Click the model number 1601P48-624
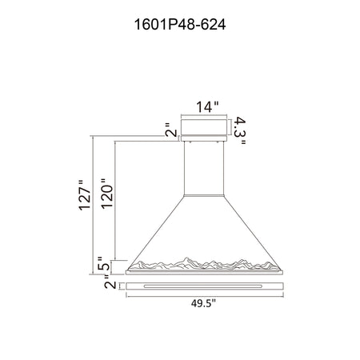(x=180, y=25)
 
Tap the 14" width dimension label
(x=207, y=107)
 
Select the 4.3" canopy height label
(x=239, y=130)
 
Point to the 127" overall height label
(x=85, y=195)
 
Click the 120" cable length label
(x=107, y=194)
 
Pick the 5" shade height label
(x=103, y=264)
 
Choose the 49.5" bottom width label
(x=203, y=303)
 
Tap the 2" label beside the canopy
(x=171, y=130)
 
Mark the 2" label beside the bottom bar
(x=110, y=284)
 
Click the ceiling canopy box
(x=204, y=127)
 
